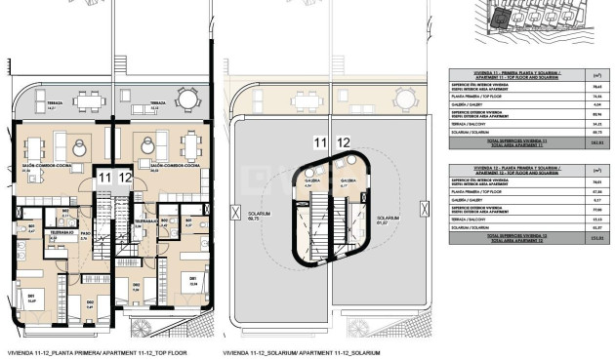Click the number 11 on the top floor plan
point(103,177)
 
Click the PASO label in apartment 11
point(85,234)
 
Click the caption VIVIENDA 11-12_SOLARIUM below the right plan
point(288,352)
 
